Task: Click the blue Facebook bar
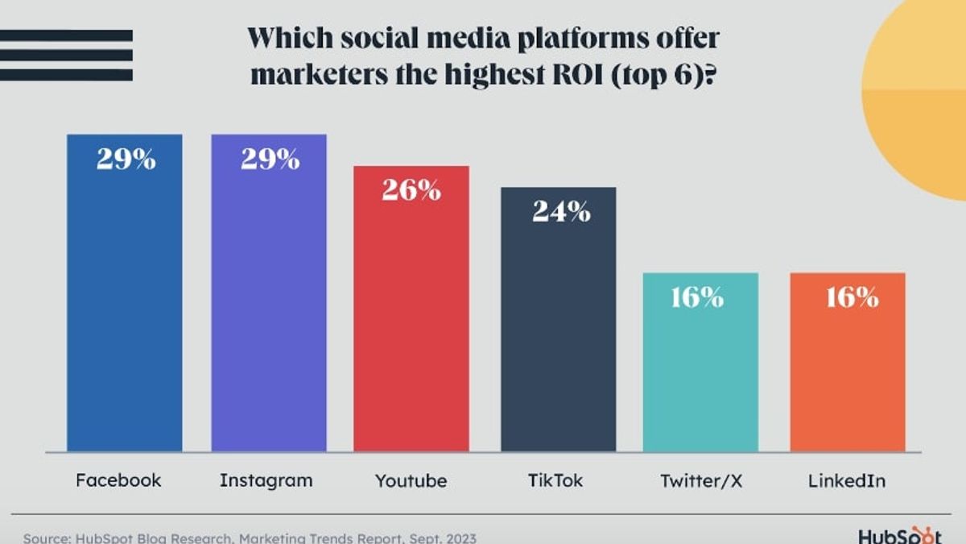[125, 306]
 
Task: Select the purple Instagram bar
[269, 306]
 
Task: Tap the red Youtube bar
[411, 322]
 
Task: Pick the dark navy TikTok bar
[558, 330]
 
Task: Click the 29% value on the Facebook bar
[126, 160]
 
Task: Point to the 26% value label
[411, 190]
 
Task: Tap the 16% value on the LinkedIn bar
[852, 297]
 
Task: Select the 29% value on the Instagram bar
[270, 160]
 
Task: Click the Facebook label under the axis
[118, 480]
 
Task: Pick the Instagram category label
[266, 480]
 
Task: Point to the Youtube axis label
[411, 481]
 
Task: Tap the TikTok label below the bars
[555, 480]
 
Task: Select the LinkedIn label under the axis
[847, 480]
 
